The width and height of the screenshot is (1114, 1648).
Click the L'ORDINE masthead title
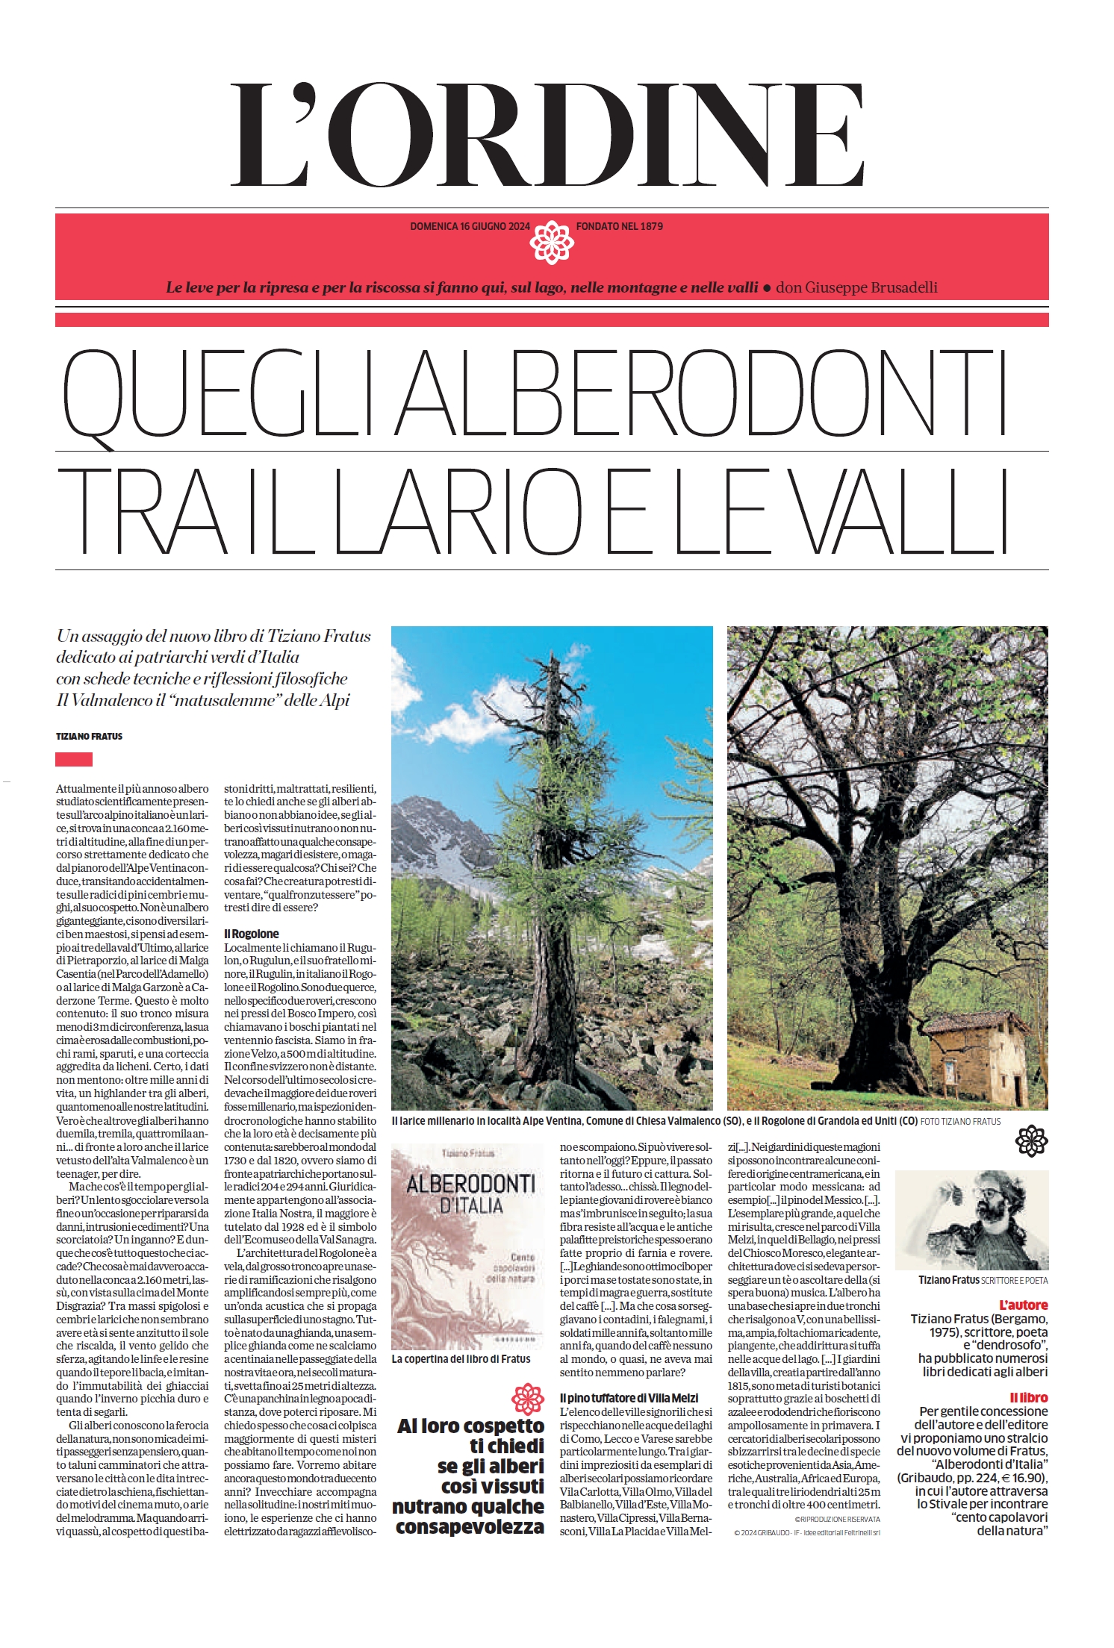tap(549, 135)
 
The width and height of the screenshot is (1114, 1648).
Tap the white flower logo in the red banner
tap(551, 243)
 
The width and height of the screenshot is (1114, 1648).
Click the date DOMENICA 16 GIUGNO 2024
tap(470, 226)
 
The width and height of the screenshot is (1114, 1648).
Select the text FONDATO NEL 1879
tap(620, 226)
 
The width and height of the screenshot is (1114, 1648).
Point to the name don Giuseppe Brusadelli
tap(856, 287)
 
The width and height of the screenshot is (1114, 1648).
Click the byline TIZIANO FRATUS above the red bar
tap(89, 736)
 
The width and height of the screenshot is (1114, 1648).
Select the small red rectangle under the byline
tap(74, 759)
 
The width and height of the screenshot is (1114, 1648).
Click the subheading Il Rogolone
tap(252, 934)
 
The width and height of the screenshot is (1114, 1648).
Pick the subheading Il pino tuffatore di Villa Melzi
tap(629, 1398)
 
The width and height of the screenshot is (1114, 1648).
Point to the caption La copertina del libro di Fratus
tap(461, 1359)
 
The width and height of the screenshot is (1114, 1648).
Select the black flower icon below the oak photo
tap(1031, 1141)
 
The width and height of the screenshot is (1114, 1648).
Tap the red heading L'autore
tap(1023, 1305)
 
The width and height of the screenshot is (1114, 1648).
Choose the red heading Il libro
tap(1028, 1397)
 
